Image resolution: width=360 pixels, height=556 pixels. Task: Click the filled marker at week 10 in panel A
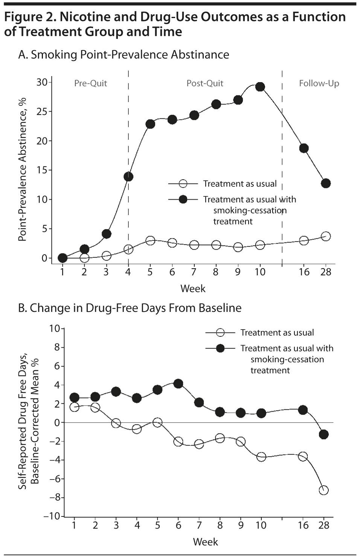click(x=260, y=87)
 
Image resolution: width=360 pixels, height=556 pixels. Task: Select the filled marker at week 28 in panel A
click(x=326, y=183)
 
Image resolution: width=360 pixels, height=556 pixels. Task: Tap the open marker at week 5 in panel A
click(x=150, y=241)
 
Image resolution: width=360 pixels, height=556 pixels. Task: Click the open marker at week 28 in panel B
click(x=323, y=490)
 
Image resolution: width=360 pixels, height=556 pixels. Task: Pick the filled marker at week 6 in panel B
click(x=178, y=384)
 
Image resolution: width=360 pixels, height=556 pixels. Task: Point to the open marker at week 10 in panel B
click(x=261, y=457)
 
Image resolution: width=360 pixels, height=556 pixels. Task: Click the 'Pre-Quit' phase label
click(x=90, y=83)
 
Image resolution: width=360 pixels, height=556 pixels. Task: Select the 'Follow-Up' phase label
click(x=319, y=83)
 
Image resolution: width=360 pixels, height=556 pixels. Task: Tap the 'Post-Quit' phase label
click(x=205, y=83)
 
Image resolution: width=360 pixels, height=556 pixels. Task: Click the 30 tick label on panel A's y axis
click(x=42, y=82)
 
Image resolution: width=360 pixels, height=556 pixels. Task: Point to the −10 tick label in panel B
click(x=52, y=516)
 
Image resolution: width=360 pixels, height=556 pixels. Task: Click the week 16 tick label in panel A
click(x=304, y=272)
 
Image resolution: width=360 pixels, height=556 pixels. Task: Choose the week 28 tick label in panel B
click(x=324, y=525)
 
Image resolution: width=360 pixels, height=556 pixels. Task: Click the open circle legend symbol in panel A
click(x=183, y=184)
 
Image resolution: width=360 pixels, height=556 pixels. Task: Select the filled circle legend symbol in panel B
click(x=220, y=348)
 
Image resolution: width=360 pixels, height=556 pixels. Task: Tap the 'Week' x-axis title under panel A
click(x=193, y=289)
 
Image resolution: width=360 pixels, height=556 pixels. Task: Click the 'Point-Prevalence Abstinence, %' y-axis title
click(x=23, y=170)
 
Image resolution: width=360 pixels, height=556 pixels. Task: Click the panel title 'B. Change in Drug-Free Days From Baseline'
click(x=130, y=308)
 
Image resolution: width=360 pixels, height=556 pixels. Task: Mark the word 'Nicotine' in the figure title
click(x=85, y=17)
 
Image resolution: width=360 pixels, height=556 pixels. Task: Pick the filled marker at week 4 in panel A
click(x=128, y=177)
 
